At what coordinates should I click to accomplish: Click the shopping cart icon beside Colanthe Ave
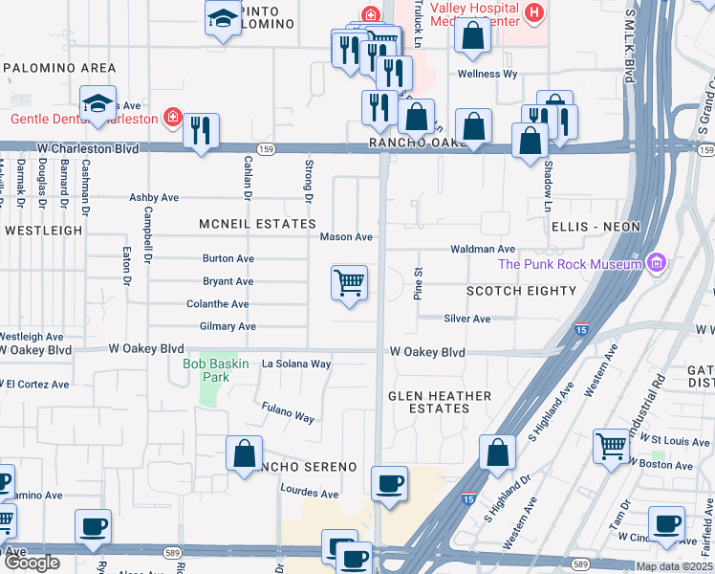point(350,283)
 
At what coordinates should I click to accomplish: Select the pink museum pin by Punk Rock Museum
point(656,262)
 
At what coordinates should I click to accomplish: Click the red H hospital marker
point(534,14)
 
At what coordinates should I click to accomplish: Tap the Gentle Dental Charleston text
point(84,119)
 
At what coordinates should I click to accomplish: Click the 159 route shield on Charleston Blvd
point(267,149)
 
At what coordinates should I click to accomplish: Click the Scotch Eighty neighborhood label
point(521,291)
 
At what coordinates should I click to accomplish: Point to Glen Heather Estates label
point(440,402)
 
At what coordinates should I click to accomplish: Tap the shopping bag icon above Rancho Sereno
point(245,452)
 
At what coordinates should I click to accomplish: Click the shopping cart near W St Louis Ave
point(611,446)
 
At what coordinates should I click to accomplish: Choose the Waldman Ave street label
point(484,249)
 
